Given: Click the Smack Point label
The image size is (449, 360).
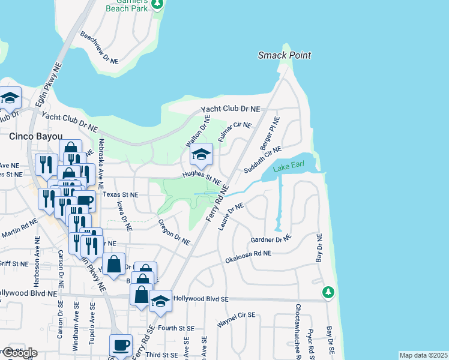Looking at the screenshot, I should (285, 55).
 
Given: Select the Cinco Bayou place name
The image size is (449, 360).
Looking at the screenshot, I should (33, 136).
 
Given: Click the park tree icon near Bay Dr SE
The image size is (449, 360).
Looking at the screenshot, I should (328, 293).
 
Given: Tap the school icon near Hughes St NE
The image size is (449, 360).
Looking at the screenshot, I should (201, 155).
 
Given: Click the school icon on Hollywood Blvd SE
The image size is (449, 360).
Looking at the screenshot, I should (160, 301).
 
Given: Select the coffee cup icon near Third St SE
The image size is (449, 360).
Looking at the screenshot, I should (121, 345).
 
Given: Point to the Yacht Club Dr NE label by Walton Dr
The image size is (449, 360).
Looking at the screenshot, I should (231, 109).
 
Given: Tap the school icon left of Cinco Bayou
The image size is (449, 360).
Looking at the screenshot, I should (10, 98).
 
